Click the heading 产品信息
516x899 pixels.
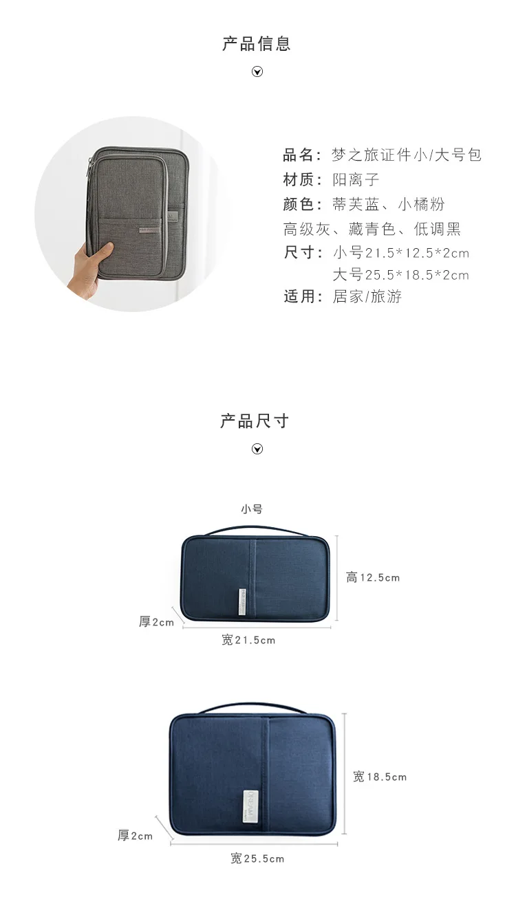(257, 44)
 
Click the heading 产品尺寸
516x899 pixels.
(255, 421)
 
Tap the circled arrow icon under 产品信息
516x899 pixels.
(257, 71)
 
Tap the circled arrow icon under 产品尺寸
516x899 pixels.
(257, 449)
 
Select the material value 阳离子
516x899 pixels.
(356, 180)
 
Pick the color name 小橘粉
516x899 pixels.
(421, 204)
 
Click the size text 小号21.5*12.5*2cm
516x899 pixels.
(400, 253)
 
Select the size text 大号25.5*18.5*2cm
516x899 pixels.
(400, 276)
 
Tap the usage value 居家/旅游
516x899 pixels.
(367, 297)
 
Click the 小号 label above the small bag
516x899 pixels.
(251, 509)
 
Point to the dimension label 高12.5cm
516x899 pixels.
(372, 578)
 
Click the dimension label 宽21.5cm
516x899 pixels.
(248, 641)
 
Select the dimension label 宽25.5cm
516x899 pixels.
(257, 858)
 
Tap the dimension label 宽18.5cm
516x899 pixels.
(380, 777)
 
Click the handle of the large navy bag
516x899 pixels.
(252, 707)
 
